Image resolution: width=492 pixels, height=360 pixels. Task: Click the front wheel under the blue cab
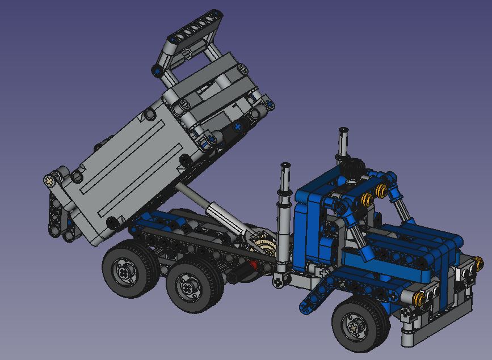click(x=360, y=324)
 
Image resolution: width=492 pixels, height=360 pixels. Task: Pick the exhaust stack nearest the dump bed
click(x=284, y=215)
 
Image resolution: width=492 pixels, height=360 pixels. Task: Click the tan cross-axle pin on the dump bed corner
click(x=51, y=181)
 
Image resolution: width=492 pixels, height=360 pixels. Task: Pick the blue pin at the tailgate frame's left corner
click(x=156, y=71)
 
